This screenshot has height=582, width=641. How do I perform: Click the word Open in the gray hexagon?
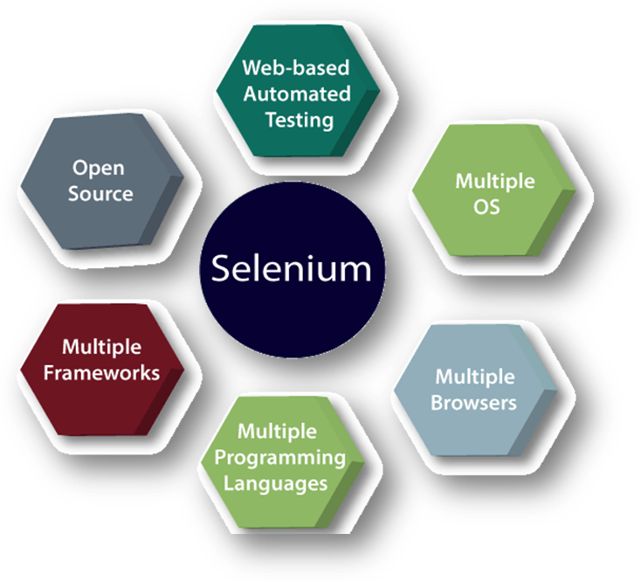(x=98, y=167)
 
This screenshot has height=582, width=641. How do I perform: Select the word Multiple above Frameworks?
(x=102, y=347)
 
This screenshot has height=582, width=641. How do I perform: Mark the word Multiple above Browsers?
(x=475, y=377)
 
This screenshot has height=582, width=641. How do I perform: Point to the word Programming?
(x=280, y=457)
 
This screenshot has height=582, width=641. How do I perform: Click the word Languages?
(x=276, y=482)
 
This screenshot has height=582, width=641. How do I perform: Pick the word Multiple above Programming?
(x=278, y=432)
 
